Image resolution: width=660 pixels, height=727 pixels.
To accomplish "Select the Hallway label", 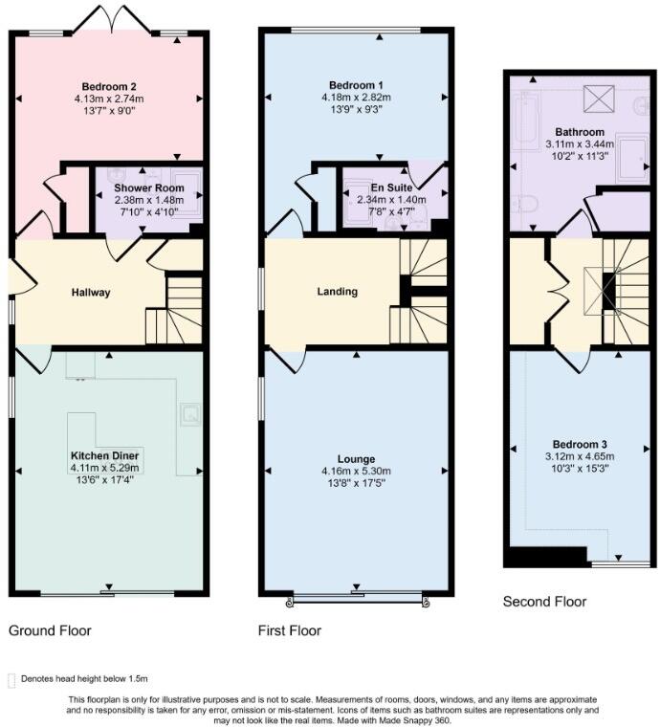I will coord(91,293).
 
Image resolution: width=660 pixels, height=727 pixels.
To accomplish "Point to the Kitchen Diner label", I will coord(105,454).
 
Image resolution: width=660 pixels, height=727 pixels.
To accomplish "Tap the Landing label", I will coord(337,292).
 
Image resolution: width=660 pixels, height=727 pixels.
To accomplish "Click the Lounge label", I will coord(355,459).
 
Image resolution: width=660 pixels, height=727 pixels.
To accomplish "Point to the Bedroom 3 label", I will coord(578,444).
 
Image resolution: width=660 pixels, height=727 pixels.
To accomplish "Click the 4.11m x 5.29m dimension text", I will coord(105,469).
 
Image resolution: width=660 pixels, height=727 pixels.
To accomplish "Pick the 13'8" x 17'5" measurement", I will coord(355,484).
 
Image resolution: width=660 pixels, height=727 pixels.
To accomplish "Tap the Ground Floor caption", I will coord(50,631).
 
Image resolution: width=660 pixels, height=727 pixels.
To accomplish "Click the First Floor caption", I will coord(290,631).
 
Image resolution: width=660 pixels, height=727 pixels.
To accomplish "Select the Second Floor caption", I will coord(544,602).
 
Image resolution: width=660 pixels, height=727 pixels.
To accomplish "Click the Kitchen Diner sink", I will coord(190,414).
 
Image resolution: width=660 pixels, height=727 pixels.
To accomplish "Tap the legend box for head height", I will coord(11,679).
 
